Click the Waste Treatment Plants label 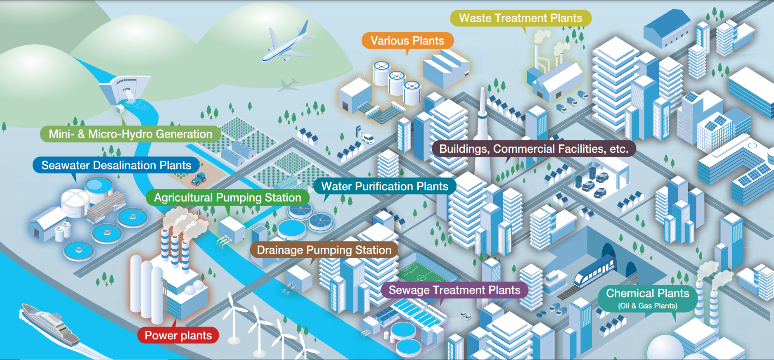[x=520, y=18]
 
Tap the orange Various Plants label [x=407, y=40]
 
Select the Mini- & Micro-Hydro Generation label [x=130, y=134]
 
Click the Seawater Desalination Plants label [x=116, y=166]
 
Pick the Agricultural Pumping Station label [x=227, y=198]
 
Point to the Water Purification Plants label [x=385, y=186]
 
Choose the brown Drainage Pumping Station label [x=324, y=250]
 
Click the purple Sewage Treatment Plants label [x=454, y=290]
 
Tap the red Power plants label [x=178, y=335]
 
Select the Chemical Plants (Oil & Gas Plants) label [x=647, y=298]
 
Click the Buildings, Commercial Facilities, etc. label [x=533, y=149]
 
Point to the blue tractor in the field [x=199, y=179]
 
